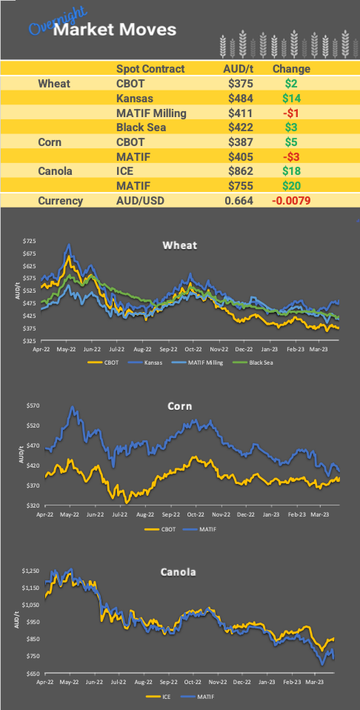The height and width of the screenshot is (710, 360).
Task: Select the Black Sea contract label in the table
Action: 140,127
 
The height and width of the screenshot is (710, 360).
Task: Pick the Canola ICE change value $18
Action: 291,170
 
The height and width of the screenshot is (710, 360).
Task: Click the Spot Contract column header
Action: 150,69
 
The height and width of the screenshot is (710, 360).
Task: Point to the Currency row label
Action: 61,200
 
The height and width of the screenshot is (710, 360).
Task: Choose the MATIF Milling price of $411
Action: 241,113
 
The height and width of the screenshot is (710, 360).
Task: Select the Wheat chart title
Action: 180,245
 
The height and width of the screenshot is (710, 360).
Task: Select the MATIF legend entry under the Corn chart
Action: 205,529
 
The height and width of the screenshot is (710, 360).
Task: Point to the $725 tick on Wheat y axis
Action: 29,241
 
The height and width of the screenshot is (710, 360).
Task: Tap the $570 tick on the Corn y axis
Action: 29,405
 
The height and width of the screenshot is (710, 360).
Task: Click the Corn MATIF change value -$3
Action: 290,156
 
